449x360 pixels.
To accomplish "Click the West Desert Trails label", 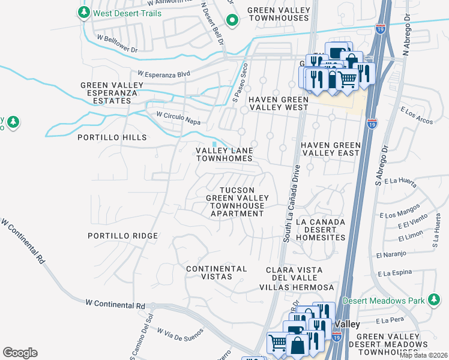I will (x=127, y=13).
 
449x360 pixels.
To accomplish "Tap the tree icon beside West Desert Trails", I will (x=84, y=13).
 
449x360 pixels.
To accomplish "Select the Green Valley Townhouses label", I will (x=277, y=14).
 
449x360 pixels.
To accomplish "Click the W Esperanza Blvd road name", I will (x=163, y=74).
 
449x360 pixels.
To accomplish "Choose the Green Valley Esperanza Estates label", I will (x=112, y=93).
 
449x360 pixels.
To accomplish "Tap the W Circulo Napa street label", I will (x=178, y=118).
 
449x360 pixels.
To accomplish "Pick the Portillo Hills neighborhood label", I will (x=112, y=137).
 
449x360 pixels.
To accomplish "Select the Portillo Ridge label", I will (x=122, y=236).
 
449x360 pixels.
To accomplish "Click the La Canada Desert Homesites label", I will (x=320, y=230).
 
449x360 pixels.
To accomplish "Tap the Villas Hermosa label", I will (x=296, y=287).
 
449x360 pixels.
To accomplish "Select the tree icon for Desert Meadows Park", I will (x=433, y=300).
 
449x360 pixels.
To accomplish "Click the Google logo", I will (x=20, y=352).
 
